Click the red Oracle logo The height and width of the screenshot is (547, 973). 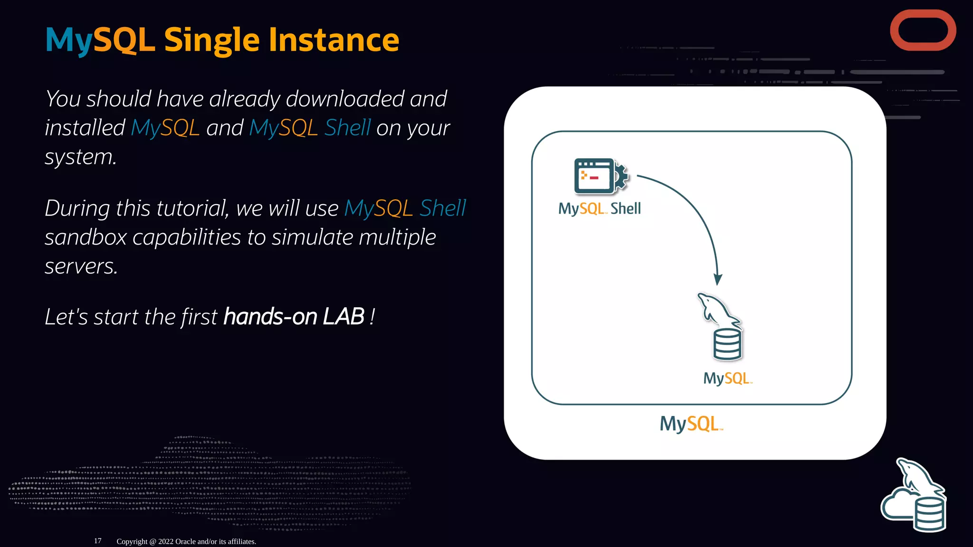(923, 30)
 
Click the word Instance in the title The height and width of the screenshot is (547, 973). (334, 40)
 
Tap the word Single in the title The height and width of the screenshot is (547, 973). (211, 40)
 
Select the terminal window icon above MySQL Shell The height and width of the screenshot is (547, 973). (593, 176)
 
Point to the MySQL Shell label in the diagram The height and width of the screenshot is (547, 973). (599, 208)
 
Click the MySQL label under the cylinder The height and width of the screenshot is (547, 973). (727, 378)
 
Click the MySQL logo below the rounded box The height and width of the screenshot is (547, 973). (691, 424)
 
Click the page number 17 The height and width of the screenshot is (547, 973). (97, 541)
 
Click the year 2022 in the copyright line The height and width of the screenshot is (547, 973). (166, 541)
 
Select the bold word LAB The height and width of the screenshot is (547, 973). (343, 317)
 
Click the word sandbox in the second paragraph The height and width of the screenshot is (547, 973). (86, 237)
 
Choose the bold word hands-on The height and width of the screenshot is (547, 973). (270, 317)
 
